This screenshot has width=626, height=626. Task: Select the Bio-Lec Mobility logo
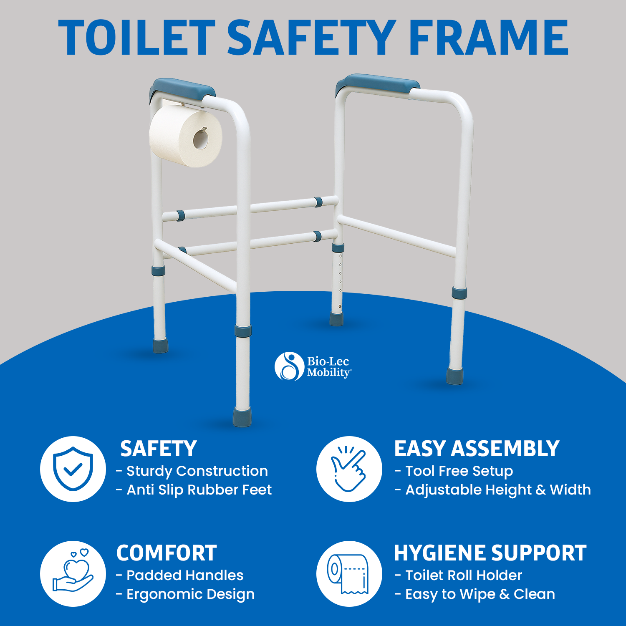(x=313, y=366)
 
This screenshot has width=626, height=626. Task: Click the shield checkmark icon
(x=73, y=469)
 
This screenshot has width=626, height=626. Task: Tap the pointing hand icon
(x=348, y=469)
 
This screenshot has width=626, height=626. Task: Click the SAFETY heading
(x=159, y=449)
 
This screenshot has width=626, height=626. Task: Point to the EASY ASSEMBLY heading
(x=477, y=449)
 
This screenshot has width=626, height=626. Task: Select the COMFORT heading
(x=167, y=553)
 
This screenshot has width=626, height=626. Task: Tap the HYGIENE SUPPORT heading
(x=490, y=553)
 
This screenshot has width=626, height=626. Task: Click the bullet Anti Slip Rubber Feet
(x=194, y=490)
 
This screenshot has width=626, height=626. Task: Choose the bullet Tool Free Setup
(x=454, y=471)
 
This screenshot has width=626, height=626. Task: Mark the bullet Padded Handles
(x=180, y=575)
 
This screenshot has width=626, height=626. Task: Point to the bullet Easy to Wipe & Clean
(x=475, y=594)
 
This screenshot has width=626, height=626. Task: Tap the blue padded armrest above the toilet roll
(x=182, y=91)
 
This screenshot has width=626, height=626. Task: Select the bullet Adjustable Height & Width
(x=493, y=490)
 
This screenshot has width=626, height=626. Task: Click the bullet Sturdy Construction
(x=192, y=471)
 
